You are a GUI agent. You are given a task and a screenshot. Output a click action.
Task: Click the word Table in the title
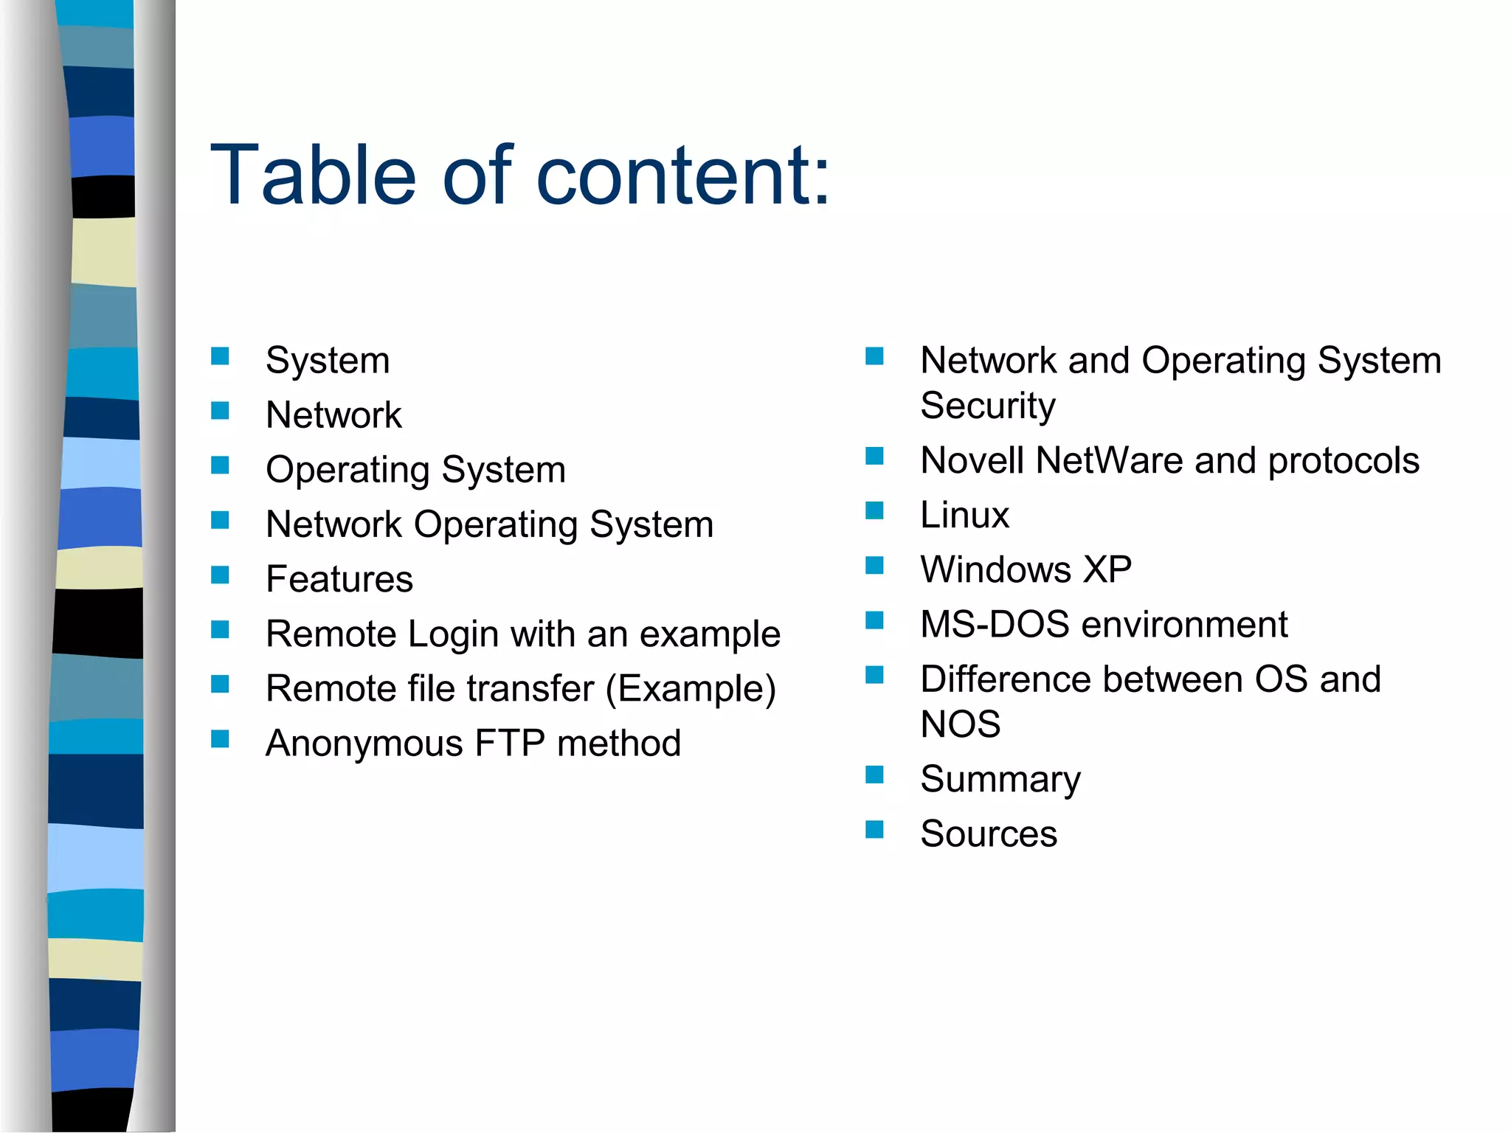point(314,176)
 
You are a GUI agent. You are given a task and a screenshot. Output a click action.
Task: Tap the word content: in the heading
point(683,176)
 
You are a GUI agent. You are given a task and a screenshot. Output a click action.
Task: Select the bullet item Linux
point(964,515)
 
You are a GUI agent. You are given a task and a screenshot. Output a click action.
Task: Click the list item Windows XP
point(1026,569)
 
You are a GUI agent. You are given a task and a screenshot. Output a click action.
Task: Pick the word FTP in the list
point(510,744)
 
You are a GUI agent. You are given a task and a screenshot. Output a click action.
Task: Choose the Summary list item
point(1000,780)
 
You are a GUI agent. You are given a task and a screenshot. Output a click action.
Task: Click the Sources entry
point(989,834)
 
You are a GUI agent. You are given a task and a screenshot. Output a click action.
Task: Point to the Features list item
point(339,579)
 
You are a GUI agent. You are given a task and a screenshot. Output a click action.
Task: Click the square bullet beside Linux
point(874,510)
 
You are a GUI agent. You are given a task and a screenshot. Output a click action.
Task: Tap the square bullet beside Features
point(220,575)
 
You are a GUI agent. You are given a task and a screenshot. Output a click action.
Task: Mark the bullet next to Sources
point(874,830)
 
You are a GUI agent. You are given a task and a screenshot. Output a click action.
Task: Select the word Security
point(988,406)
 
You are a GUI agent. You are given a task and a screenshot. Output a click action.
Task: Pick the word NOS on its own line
point(961,724)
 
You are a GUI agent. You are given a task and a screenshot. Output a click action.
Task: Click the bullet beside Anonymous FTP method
point(220,739)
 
